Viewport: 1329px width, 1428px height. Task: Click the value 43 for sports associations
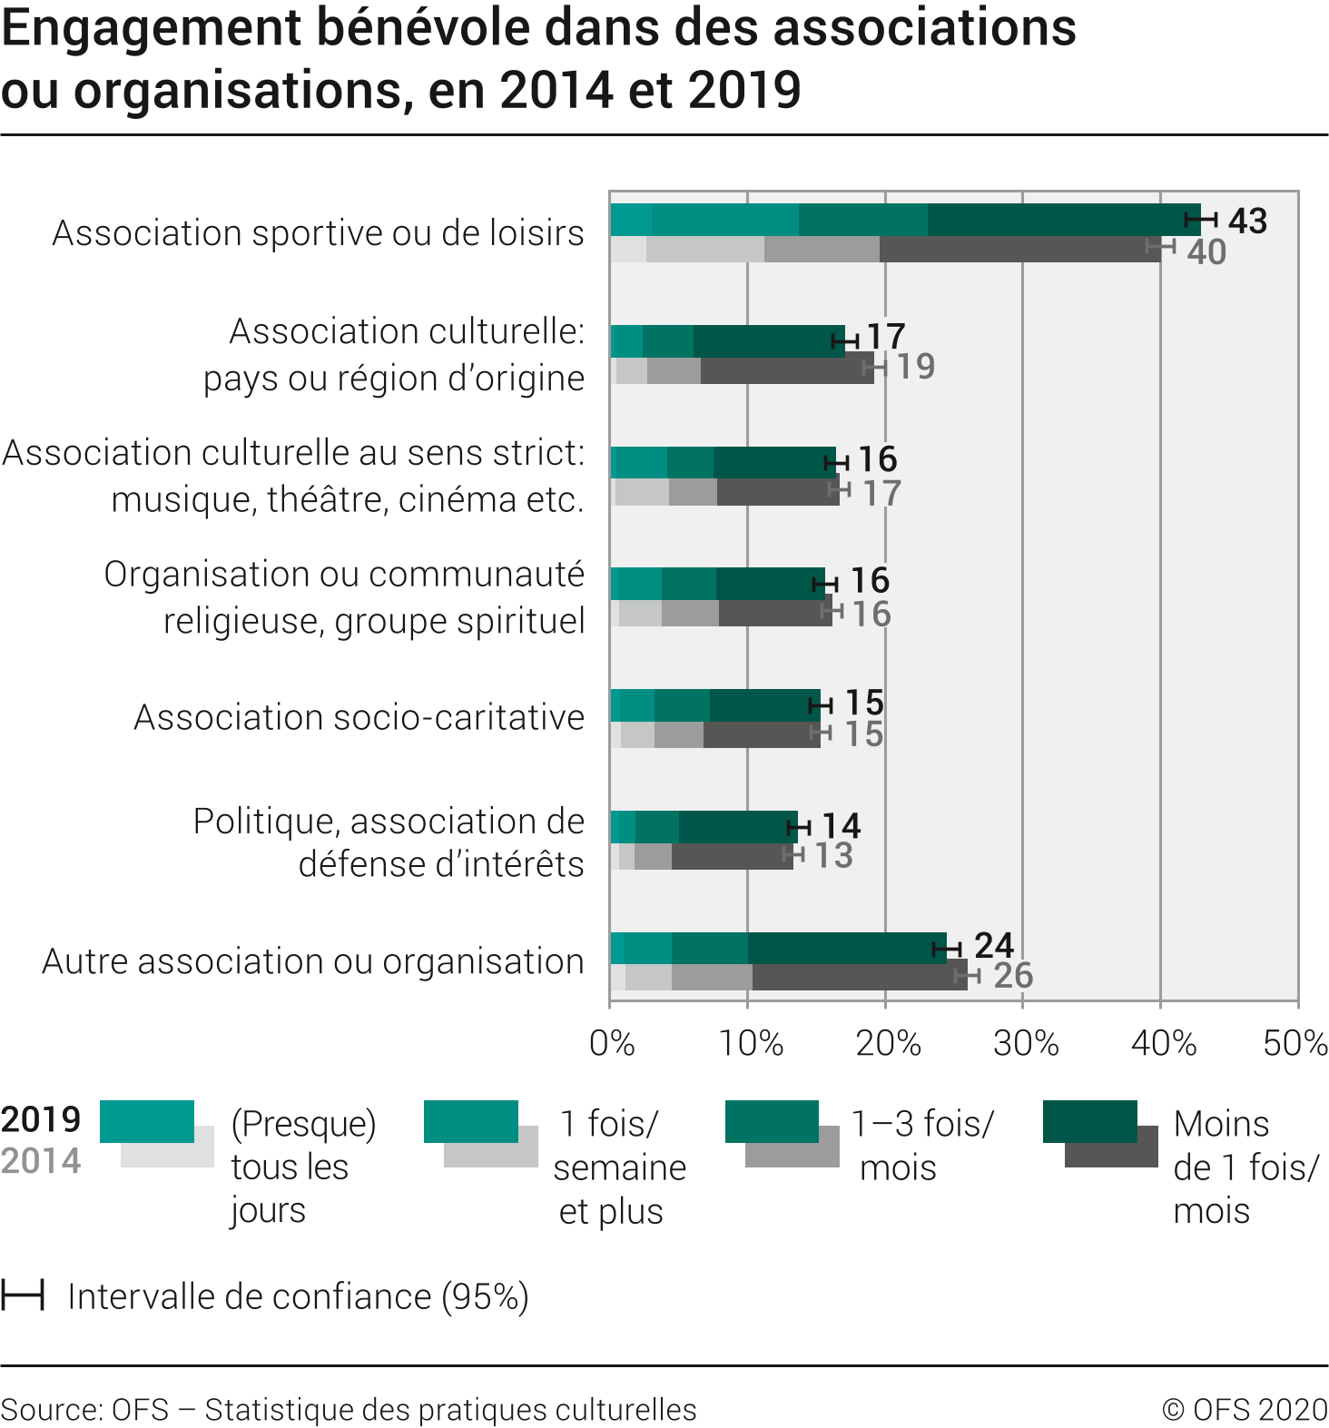(x=1247, y=221)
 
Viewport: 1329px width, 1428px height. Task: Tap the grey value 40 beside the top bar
(x=1206, y=251)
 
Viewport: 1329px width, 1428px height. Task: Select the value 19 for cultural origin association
(x=915, y=366)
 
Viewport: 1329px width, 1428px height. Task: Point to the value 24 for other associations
(x=993, y=945)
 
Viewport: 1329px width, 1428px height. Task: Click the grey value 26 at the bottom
(x=1013, y=975)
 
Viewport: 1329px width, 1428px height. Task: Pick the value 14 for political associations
(x=841, y=825)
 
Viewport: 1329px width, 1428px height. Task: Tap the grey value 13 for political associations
(x=833, y=855)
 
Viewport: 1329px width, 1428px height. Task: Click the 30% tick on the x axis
(x=1026, y=1043)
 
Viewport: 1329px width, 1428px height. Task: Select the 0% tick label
(x=612, y=1043)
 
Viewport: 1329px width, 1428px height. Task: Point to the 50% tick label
(x=1295, y=1043)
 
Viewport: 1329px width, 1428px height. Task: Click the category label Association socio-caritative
(x=359, y=717)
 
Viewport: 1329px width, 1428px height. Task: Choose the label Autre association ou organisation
(x=313, y=961)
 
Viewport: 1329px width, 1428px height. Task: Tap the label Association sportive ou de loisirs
(x=319, y=233)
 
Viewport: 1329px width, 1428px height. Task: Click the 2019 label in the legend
(x=41, y=1119)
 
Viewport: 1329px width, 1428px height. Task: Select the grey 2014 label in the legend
(x=41, y=1160)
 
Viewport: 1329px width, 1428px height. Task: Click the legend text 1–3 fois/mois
(x=922, y=1146)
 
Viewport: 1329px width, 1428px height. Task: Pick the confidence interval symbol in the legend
(x=23, y=1295)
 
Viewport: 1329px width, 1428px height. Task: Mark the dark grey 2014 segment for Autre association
(x=859, y=977)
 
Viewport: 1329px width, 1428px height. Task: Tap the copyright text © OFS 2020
(x=1245, y=1409)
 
